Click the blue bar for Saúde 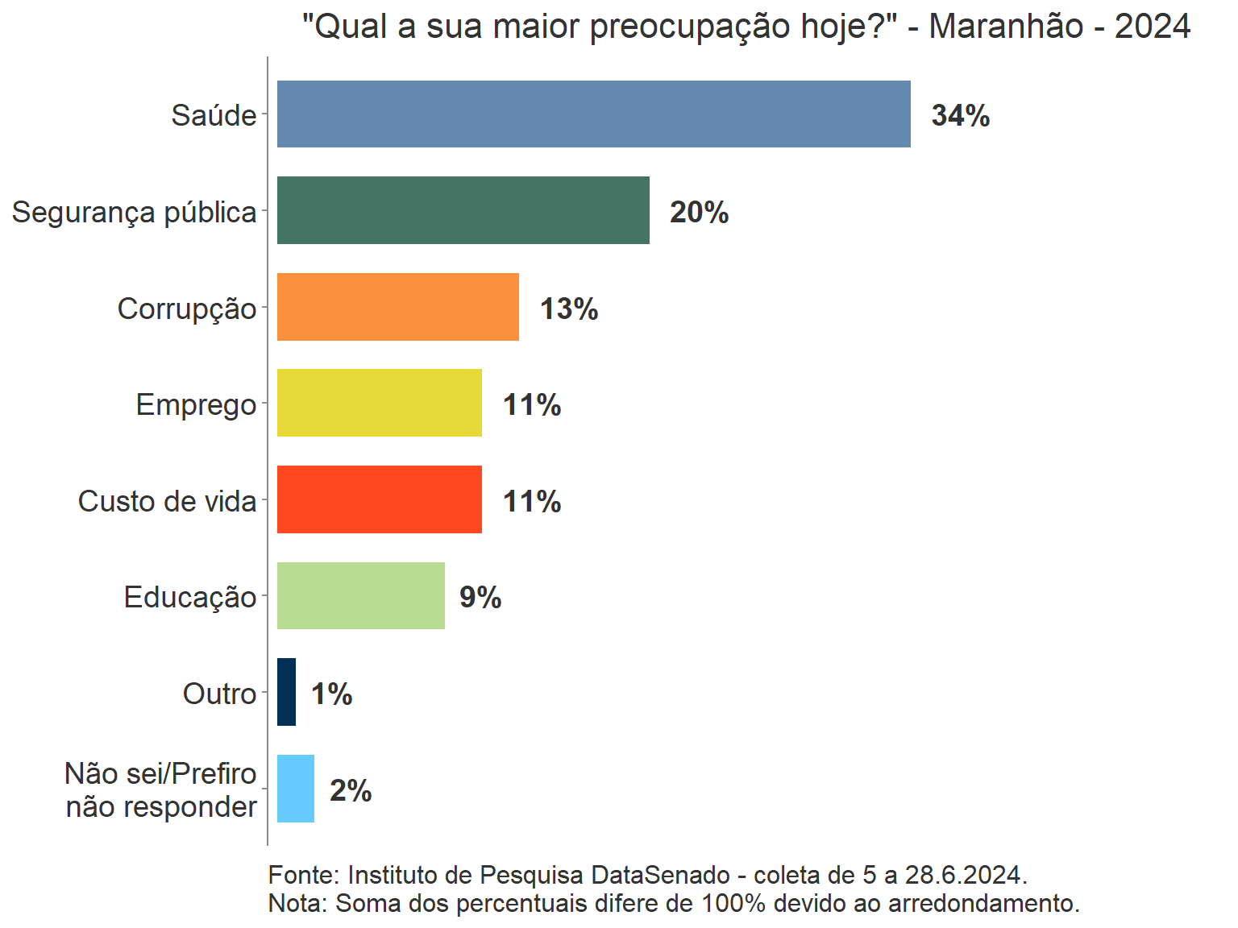pyautogui.click(x=593, y=114)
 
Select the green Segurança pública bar pyautogui.click(x=463, y=210)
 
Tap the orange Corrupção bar pyautogui.click(x=397, y=307)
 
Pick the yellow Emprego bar pyautogui.click(x=379, y=403)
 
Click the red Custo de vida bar pyautogui.click(x=379, y=499)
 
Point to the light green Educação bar pyautogui.click(x=360, y=596)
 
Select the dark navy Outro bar pyautogui.click(x=286, y=692)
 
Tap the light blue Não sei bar pyautogui.click(x=295, y=789)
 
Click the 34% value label pyautogui.click(x=960, y=116)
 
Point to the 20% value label pyautogui.click(x=699, y=213)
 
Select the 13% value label pyautogui.click(x=568, y=309)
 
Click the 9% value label pyautogui.click(x=480, y=598)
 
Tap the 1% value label pyautogui.click(x=331, y=694)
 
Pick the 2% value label pyautogui.click(x=351, y=791)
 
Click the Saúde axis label pyautogui.click(x=214, y=116)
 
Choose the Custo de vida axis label pyautogui.click(x=167, y=501)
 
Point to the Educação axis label pyautogui.click(x=189, y=598)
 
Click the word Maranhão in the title pyautogui.click(x=1006, y=27)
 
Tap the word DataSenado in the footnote pyautogui.click(x=660, y=875)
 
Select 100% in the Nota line pyautogui.click(x=733, y=903)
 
